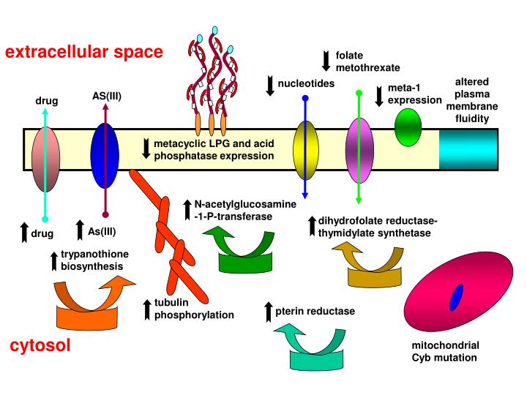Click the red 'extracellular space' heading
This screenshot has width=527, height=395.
[85, 52]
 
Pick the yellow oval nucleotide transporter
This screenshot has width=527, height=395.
[305, 150]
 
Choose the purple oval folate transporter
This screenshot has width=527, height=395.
[359, 149]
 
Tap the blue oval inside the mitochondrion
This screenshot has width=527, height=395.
[457, 298]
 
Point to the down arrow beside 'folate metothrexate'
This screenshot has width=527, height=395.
[326, 61]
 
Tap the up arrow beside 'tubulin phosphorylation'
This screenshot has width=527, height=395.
[147, 309]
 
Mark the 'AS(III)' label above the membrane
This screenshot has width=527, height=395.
[106, 95]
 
